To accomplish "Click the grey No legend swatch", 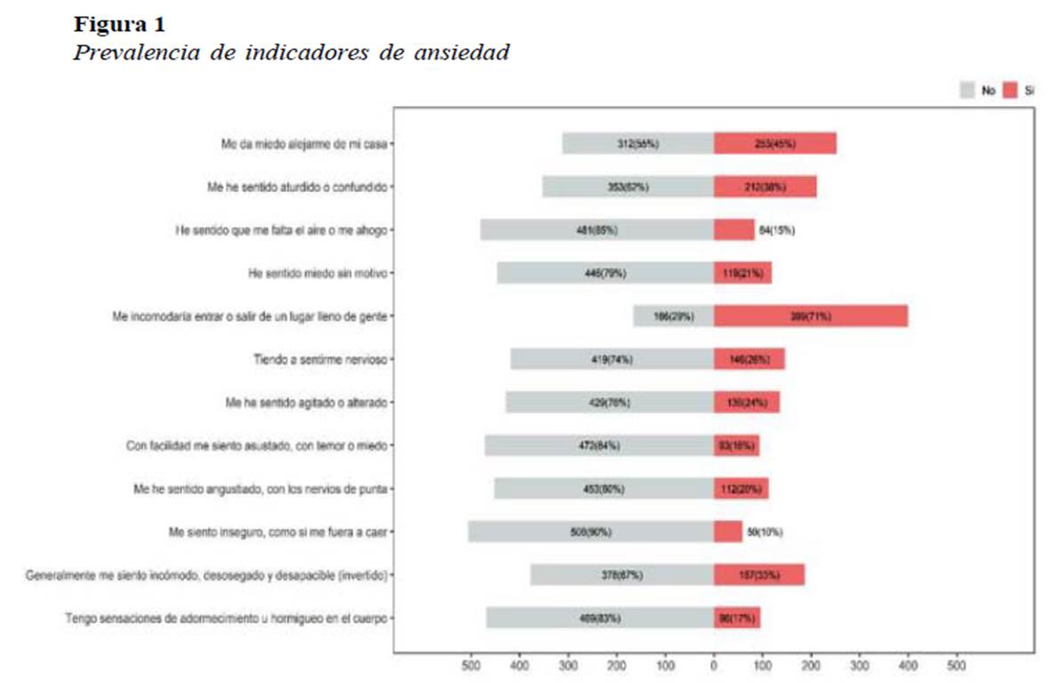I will [x=968, y=90].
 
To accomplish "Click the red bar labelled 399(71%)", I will [x=810, y=316].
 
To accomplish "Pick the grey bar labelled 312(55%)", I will [x=638, y=143].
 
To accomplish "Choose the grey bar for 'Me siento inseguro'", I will [x=590, y=532].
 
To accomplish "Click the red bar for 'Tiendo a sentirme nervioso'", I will [x=749, y=359].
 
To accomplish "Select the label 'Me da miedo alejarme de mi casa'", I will [x=304, y=143].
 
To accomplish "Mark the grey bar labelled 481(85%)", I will [x=597, y=229].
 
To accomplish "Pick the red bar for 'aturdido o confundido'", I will [x=765, y=187].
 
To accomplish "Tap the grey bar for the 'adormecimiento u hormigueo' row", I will [x=599, y=618].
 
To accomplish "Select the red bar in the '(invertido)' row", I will [x=758, y=575].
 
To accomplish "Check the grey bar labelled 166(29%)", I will [x=673, y=316].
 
